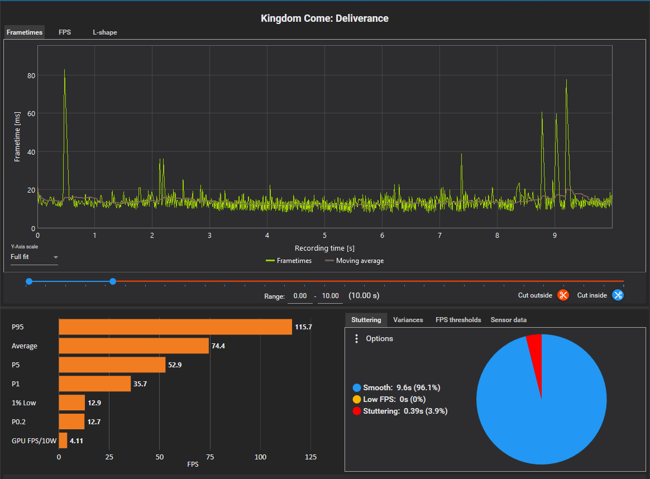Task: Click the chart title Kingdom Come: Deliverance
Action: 324,18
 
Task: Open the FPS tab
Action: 65,32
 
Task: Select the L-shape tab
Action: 105,32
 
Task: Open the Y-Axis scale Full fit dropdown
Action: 34,257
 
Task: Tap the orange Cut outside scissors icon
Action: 563,295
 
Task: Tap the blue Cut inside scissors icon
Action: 618,295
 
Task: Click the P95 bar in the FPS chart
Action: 175,327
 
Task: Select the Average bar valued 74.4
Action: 134,346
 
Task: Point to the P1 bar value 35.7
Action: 140,384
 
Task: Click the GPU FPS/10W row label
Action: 34,441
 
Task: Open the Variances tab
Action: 408,320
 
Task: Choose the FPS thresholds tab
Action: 458,320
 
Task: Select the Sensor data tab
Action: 508,320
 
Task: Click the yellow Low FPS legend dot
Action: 356,399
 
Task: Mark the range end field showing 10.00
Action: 330,296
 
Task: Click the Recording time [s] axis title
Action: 324,248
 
